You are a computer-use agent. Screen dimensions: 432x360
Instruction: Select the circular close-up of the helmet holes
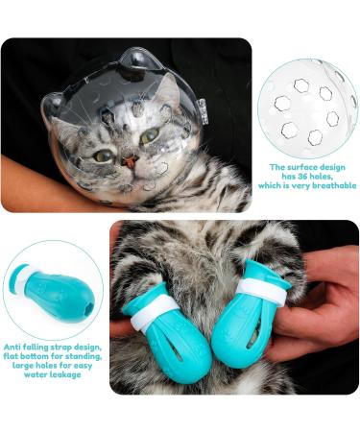(310, 105)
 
